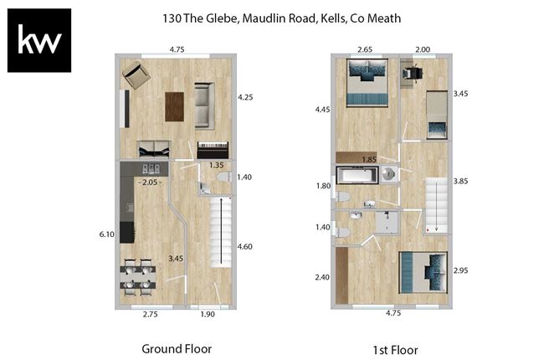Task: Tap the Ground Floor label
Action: (177, 348)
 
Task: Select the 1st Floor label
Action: (394, 349)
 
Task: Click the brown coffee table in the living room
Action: (174, 105)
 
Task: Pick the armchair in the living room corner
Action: (136, 77)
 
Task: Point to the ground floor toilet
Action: (221, 177)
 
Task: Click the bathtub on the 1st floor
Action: (357, 175)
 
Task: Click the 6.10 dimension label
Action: (106, 235)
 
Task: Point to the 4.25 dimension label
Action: (245, 97)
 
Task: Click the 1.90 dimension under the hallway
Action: (208, 314)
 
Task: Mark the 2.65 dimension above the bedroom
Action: (364, 50)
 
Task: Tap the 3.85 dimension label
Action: (461, 180)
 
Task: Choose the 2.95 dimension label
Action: (461, 272)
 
